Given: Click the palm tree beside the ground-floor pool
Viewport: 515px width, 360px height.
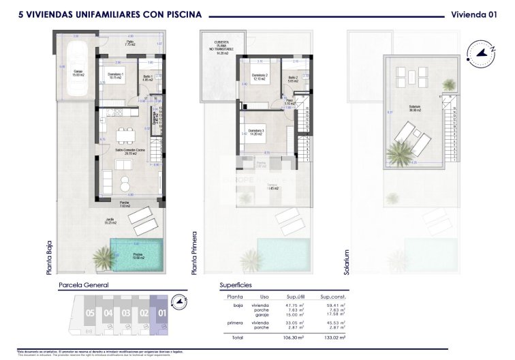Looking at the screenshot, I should click(x=104, y=258).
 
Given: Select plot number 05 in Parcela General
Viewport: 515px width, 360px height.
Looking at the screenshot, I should click(x=72, y=314).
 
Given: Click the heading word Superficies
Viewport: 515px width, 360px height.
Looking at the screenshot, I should click(x=236, y=286).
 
